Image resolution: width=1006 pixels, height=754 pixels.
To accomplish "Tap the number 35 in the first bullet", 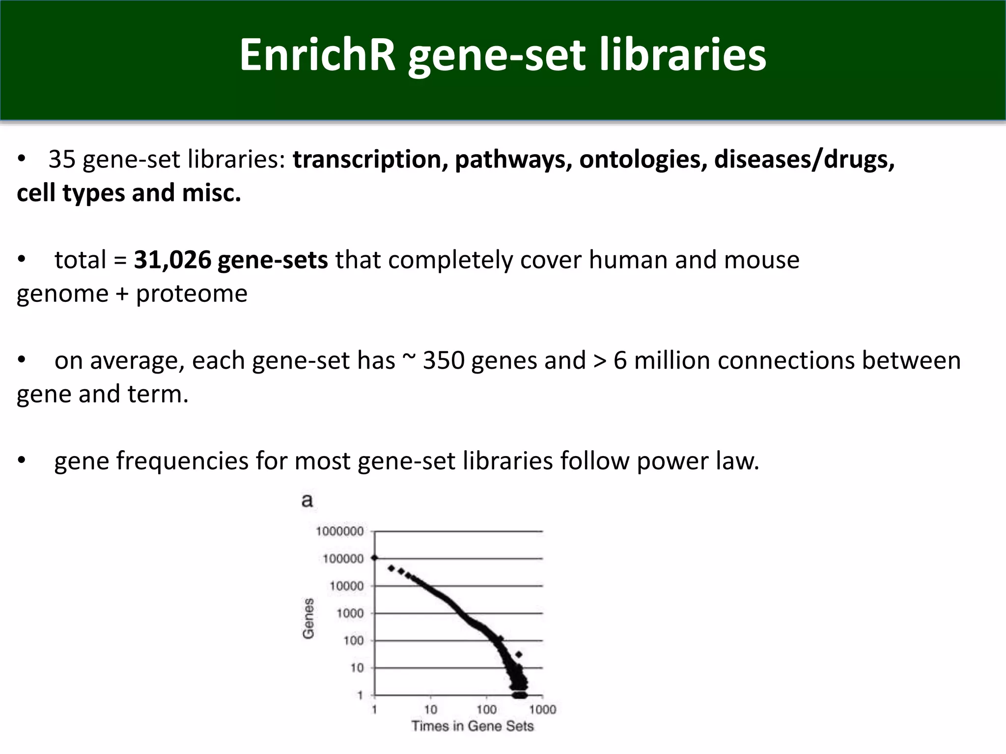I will click(x=62, y=160).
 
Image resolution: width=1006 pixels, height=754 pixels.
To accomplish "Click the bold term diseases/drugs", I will click(x=804, y=160).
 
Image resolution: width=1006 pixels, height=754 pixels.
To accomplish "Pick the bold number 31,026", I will click(x=172, y=260).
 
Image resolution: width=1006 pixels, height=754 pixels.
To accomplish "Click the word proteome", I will click(x=192, y=294).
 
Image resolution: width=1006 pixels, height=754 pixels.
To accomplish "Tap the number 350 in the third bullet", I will click(x=444, y=360).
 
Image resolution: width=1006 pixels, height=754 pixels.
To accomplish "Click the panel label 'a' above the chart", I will click(x=307, y=501).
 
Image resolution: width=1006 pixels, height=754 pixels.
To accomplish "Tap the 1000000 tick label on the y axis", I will click(x=340, y=531).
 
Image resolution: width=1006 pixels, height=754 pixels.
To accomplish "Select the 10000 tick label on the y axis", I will click(x=346, y=586).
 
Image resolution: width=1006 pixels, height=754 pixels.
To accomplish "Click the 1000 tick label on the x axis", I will click(x=542, y=709).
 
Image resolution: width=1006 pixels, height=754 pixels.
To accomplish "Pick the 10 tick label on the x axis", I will click(x=430, y=709).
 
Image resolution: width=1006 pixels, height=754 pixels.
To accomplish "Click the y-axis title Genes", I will click(x=308, y=619).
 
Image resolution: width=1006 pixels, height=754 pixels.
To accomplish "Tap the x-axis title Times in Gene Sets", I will click(x=472, y=726).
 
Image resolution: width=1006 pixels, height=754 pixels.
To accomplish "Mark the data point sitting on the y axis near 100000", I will click(x=375, y=558).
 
